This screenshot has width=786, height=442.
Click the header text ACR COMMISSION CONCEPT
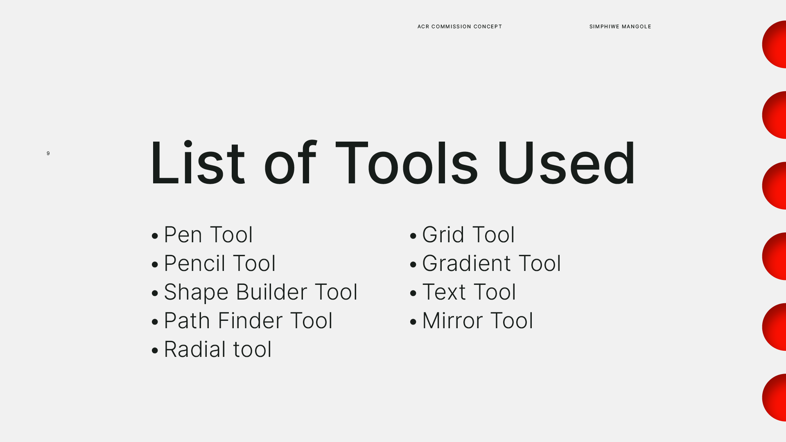[x=460, y=27]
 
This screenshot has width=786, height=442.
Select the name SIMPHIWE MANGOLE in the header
[x=620, y=27]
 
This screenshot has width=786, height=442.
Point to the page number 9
[x=48, y=153]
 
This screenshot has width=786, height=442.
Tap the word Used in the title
[x=567, y=163]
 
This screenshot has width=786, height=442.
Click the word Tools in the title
[x=407, y=163]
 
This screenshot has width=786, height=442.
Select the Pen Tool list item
[x=208, y=235]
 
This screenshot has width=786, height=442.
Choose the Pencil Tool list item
[x=220, y=263]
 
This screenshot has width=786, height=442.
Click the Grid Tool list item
[x=468, y=235]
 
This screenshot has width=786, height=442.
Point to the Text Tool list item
[x=469, y=292]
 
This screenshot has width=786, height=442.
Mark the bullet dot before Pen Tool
[x=155, y=236]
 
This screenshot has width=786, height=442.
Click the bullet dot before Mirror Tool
[x=413, y=322]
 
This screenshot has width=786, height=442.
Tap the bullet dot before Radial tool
[x=155, y=350]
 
